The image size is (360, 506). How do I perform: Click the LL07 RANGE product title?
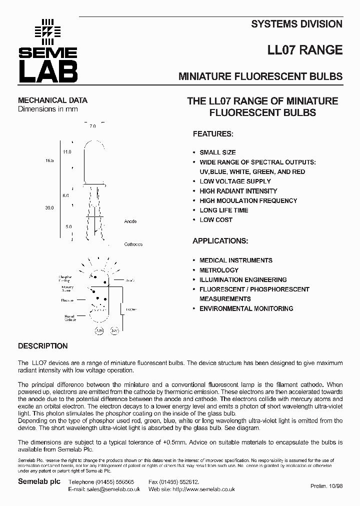[305, 50]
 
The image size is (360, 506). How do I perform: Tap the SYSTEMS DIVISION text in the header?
[296, 23]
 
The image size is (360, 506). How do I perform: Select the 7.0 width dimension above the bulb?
[92, 126]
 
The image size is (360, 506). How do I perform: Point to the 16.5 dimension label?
[49, 160]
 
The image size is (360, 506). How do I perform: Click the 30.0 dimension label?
[49, 207]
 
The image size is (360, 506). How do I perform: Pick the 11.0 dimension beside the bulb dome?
[67, 151]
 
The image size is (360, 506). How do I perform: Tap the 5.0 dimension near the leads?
[68, 226]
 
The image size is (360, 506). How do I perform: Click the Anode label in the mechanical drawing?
[130, 221]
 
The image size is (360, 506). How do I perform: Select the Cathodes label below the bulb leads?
[133, 244]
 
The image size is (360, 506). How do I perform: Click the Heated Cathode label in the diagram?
[70, 318]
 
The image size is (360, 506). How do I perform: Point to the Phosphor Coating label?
[65, 278]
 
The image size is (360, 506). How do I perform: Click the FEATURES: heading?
[213, 134]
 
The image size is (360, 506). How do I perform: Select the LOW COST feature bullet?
[216, 219]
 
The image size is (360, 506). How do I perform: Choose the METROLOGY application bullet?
[219, 270]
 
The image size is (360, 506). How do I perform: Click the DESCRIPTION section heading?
[43, 346]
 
